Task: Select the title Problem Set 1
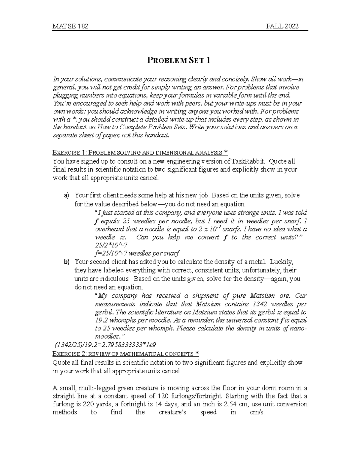point(178,61)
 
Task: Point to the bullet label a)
point(66,196)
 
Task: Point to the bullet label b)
point(66,262)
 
